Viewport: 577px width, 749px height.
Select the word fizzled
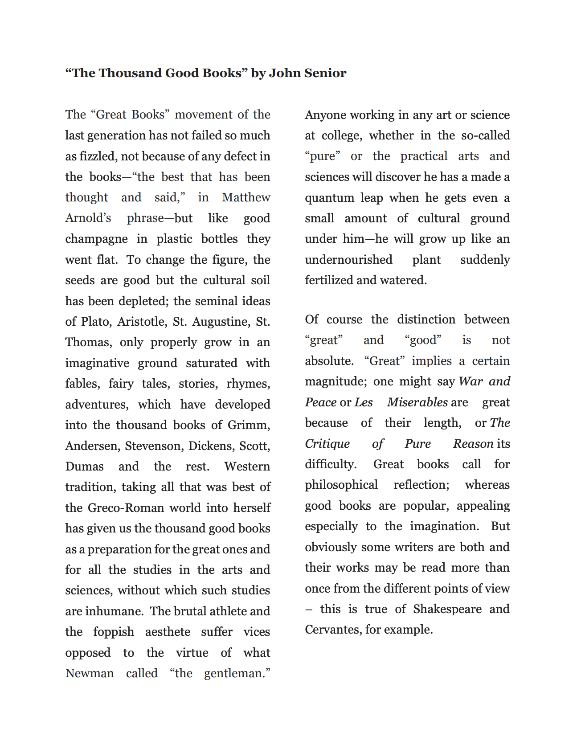98,156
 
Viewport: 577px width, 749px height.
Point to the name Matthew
246,197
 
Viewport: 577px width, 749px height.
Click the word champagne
96,239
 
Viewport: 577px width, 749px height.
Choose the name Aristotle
143,322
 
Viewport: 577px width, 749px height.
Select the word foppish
114,632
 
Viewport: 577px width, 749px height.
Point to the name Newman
90,673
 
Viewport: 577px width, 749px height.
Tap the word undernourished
348,260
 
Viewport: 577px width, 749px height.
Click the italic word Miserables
417,402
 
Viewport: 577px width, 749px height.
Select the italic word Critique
327,444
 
